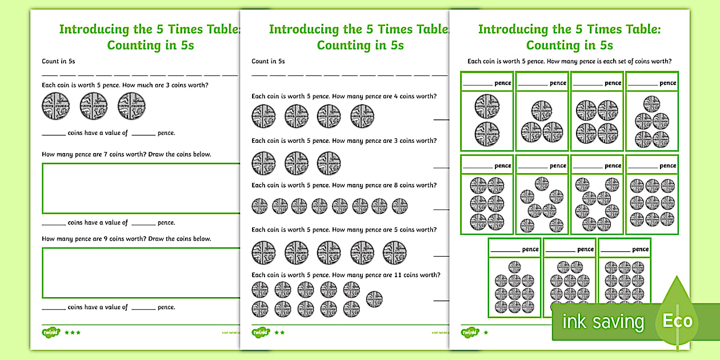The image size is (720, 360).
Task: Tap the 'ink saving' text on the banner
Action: (603, 322)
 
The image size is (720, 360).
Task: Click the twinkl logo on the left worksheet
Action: (50, 332)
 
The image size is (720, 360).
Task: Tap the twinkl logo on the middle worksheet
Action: (260, 332)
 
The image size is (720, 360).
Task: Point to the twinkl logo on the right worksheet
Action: (470, 332)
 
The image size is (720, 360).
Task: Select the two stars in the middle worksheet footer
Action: (279, 332)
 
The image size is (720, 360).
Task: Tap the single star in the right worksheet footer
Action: (486, 332)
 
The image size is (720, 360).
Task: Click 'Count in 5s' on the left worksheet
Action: (59, 61)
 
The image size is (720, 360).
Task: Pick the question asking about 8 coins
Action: (344, 185)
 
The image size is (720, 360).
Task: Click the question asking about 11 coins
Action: (346, 275)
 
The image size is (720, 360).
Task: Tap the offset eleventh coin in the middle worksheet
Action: (374, 298)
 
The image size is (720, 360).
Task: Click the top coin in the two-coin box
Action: (487, 106)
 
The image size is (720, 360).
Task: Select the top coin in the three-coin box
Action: (542, 110)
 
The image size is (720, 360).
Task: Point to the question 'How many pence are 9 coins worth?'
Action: (126, 239)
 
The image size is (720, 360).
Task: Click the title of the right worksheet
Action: (569, 37)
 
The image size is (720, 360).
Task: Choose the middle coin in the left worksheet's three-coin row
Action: (94, 106)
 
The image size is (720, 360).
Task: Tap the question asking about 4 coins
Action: (344, 96)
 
